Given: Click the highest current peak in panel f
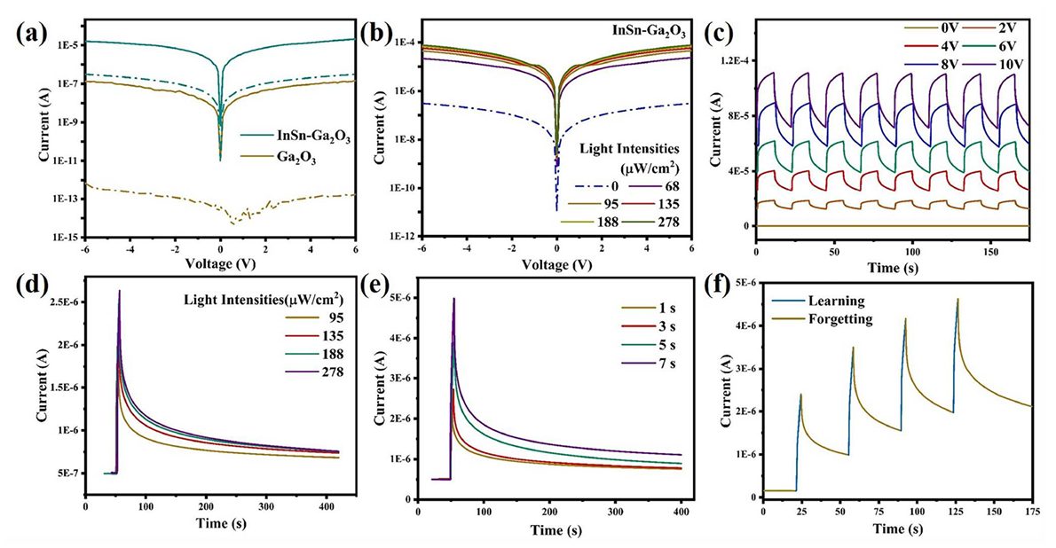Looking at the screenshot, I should click(957, 299).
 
